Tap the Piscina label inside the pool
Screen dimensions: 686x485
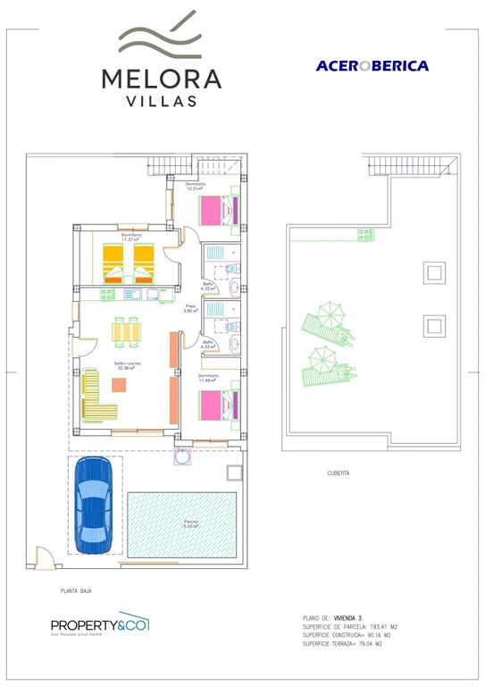pyautogui.click(x=191, y=523)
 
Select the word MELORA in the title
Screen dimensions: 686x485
pyautogui.click(x=161, y=79)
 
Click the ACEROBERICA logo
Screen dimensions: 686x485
pyautogui.click(x=372, y=65)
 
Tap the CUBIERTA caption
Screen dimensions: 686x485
pyautogui.click(x=339, y=473)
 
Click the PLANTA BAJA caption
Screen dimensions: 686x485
pyautogui.click(x=76, y=590)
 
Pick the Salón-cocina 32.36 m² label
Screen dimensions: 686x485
pyautogui.click(x=127, y=365)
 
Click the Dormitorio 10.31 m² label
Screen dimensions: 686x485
pyautogui.click(x=196, y=187)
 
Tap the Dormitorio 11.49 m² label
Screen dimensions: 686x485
pyautogui.click(x=209, y=378)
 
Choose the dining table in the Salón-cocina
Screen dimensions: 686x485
pyautogui.click(x=126, y=330)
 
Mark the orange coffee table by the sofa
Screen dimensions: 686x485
pyautogui.click(x=118, y=384)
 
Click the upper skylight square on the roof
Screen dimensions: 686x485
pyautogui.click(x=434, y=272)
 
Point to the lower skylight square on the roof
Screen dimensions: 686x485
pyautogui.click(x=434, y=326)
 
